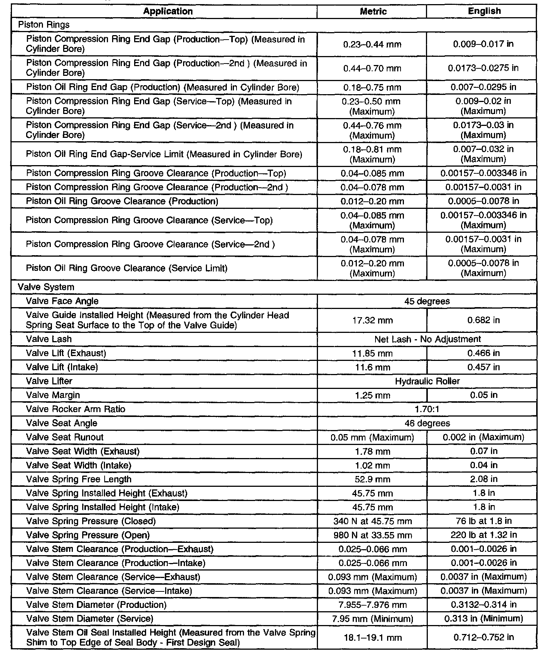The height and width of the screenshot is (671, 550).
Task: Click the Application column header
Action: (x=168, y=11)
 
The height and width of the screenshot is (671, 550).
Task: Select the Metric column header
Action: (x=373, y=11)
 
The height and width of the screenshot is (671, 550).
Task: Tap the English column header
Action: (x=484, y=11)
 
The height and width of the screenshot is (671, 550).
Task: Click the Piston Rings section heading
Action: (x=44, y=25)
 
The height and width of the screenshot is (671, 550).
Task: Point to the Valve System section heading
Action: (x=46, y=287)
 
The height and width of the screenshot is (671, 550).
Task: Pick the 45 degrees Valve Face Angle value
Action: (x=427, y=301)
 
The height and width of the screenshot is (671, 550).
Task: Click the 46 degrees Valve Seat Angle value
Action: (x=427, y=423)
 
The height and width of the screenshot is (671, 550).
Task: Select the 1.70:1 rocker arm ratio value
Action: (x=427, y=409)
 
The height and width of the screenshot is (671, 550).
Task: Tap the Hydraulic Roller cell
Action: (x=427, y=381)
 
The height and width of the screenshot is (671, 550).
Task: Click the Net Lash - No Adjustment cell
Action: (x=427, y=339)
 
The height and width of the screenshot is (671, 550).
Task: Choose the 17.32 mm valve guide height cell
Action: (x=372, y=320)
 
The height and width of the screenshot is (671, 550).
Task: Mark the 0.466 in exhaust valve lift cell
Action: (x=483, y=353)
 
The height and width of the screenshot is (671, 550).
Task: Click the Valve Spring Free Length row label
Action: (x=78, y=479)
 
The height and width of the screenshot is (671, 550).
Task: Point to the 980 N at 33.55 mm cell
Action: (x=372, y=535)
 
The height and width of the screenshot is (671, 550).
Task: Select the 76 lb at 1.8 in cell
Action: (x=483, y=521)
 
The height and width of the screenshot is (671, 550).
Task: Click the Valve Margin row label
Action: (x=53, y=395)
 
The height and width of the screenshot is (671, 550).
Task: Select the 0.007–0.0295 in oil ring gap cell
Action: (x=483, y=87)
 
